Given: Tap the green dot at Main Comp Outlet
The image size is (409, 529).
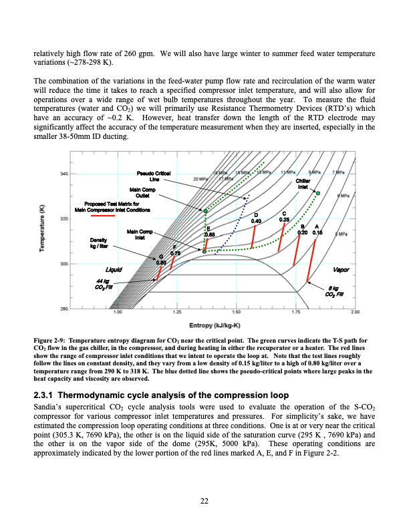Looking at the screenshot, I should coord(205,211).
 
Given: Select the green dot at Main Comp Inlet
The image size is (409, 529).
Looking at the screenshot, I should coord(204,252).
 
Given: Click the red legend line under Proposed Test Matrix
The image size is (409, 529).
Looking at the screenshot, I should coord(111,216).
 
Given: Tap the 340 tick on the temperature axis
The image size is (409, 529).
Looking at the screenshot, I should coord(65,174).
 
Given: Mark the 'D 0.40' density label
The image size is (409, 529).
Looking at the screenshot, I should coord(256,217).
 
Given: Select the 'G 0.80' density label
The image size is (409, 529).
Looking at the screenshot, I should coord(161,260).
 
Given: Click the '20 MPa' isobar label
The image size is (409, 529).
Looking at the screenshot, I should coord(200,179).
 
